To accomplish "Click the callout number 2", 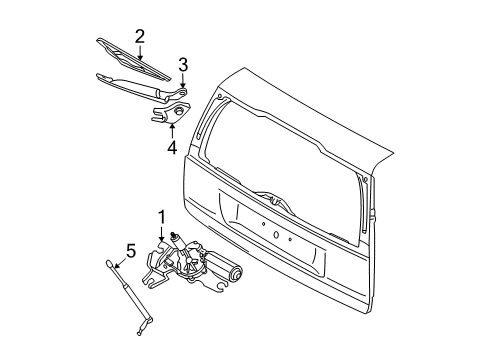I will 141,37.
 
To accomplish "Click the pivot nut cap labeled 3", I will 183,92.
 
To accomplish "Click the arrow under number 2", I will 141,52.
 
